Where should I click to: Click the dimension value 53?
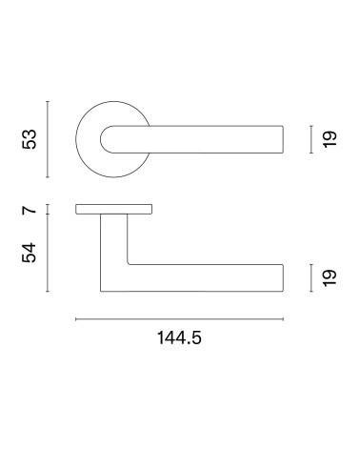(x=30, y=139)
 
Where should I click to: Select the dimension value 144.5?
(x=179, y=337)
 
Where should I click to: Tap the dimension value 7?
(x=30, y=210)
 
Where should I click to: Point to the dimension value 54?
(x=30, y=253)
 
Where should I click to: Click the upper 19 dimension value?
(x=330, y=139)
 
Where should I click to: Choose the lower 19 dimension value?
(x=330, y=277)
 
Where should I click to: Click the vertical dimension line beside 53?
(x=48, y=139)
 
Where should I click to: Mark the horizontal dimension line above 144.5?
(x=179, y=319)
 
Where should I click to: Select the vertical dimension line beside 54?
(x=48, y=253)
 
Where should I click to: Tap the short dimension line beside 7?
(x=48, y=209)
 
